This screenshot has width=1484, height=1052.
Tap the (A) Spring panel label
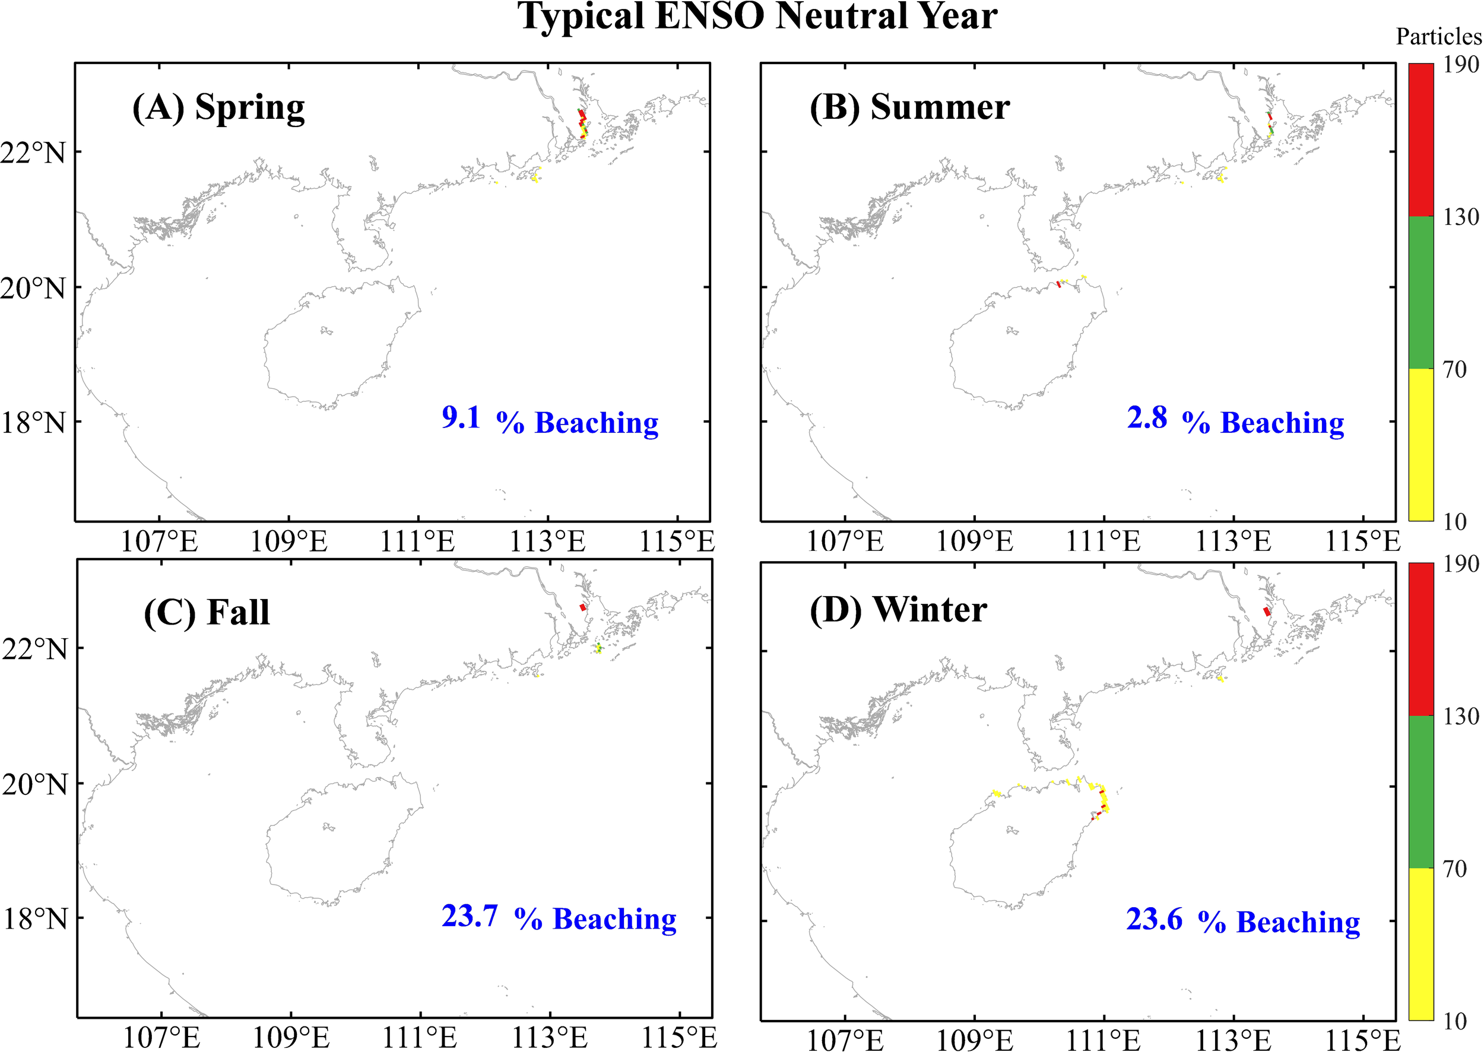[x=218, y=107]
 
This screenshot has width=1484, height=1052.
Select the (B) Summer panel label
[x=909, y=107]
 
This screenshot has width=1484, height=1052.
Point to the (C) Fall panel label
[x=207, y=612]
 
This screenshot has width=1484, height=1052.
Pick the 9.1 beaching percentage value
[x=461, y=418]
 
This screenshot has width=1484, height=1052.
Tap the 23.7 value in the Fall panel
[x=470, y=916]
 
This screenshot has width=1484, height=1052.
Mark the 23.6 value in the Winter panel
[x=1155, y=918]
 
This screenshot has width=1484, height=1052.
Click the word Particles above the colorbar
[x=1438, y=37]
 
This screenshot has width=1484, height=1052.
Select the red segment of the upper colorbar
[x=1421, y=140]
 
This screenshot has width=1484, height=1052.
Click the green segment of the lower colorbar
[x=1421, y=791]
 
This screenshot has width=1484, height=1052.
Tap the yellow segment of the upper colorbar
[x=1421, y=445]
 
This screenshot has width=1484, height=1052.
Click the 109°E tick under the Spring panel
[x=289, y=541]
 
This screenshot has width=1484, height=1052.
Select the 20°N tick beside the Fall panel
[x=34, y=784]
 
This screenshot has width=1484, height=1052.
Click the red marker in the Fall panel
[x=583, y=607]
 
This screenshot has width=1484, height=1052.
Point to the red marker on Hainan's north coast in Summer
[x=1059, y=284]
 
